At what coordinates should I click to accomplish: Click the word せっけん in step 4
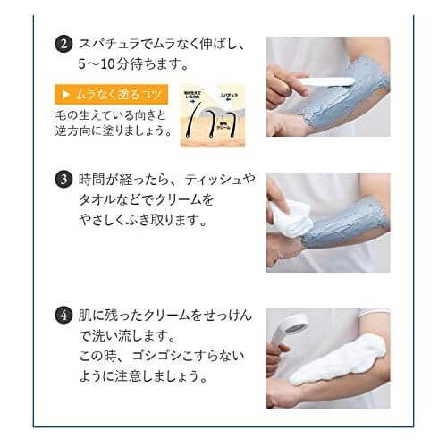coord(230,315)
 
